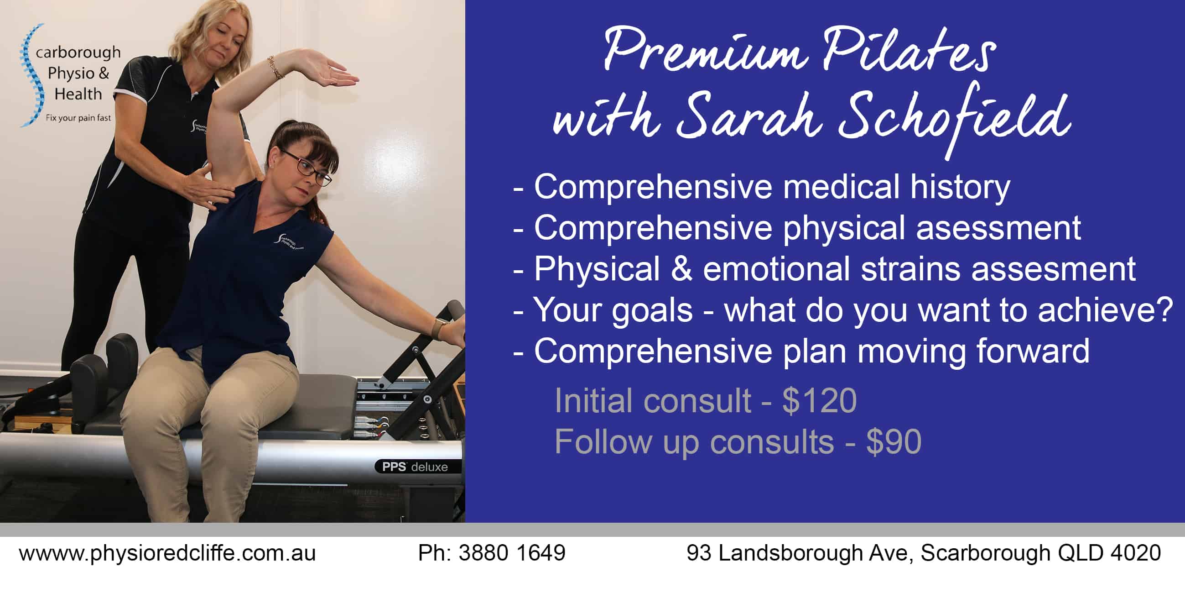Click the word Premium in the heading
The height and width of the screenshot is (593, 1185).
pos(705,52)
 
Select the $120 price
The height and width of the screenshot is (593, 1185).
pos(819,400)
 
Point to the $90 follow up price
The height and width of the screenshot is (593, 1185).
pos(894,441)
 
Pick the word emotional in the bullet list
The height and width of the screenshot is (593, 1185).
pos(776,269)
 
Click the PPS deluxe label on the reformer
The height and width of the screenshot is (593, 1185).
pos(415,467)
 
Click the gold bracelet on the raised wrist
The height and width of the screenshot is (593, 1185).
pos(275,68)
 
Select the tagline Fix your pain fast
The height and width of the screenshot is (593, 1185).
pos(78,118)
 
